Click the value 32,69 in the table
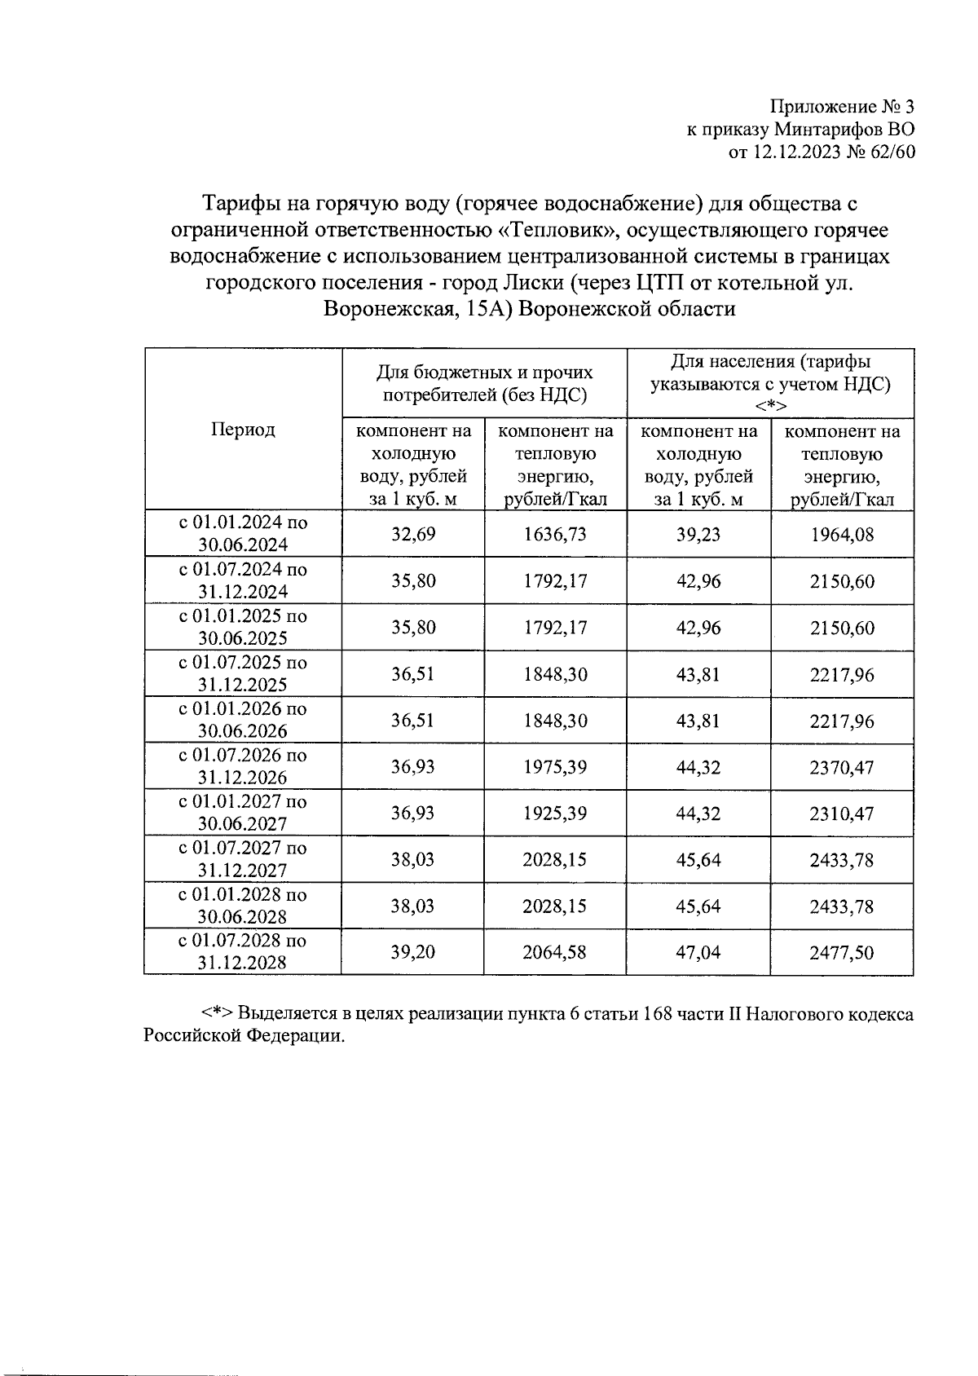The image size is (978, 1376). (x=413, y=535)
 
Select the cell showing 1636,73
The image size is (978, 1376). (x=555, y=535)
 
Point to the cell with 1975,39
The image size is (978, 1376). (x=555, y=767)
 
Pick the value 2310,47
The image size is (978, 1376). (x=841, y=814)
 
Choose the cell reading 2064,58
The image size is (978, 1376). (x=555, y=952)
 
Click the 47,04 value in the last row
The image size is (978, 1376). (x=698, y=952)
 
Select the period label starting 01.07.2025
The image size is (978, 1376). (x=243, y=673)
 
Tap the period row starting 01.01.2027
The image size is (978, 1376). (x=243, y=813)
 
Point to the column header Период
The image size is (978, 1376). (x=243, y=430)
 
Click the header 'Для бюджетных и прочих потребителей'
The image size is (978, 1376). (x=485, y=384)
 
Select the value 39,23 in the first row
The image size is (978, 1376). (x=698, y=535)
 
